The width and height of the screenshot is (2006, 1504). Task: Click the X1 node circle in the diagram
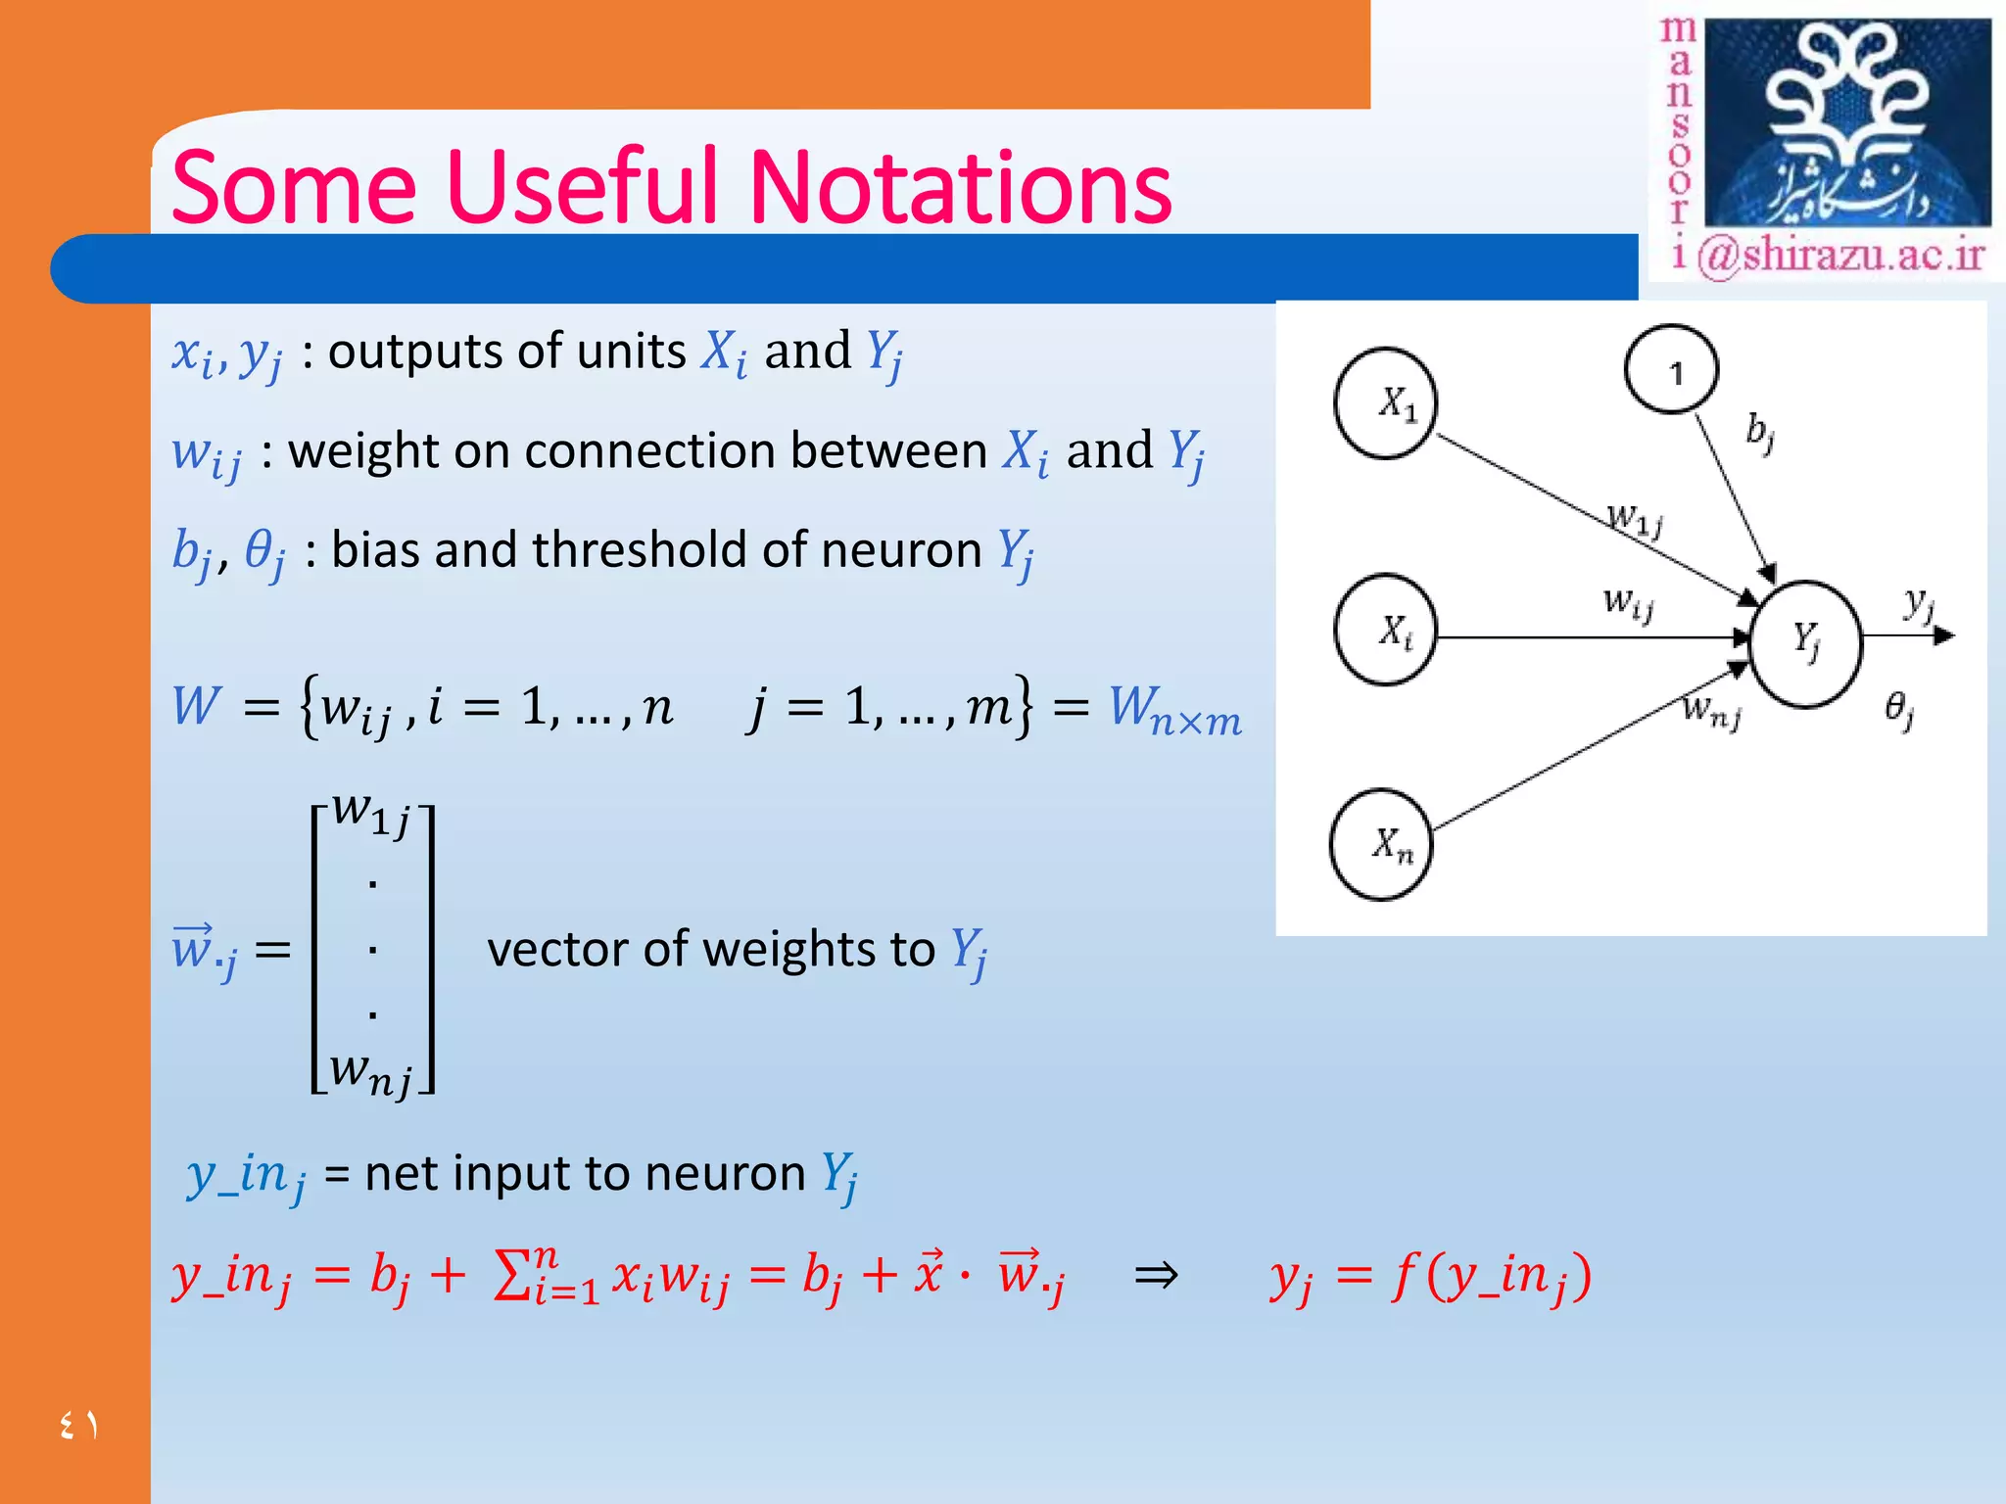click(1384, 402)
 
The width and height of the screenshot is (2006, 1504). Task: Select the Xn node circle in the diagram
click(1381, 844)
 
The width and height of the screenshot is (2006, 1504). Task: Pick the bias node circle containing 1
click(1671, 370)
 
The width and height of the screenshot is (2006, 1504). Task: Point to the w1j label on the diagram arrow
click(1633, 518)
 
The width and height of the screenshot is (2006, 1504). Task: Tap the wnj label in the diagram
click(1710, 710)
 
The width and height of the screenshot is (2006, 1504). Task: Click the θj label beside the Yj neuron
click(1898, 709)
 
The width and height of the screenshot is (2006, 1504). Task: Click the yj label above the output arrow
click(1918, 603)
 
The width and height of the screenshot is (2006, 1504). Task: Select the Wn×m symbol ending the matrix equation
click(1174, 708)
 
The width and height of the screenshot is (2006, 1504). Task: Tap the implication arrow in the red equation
click(1155, 1275)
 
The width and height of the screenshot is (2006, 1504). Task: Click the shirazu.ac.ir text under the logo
click(1841, 256)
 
